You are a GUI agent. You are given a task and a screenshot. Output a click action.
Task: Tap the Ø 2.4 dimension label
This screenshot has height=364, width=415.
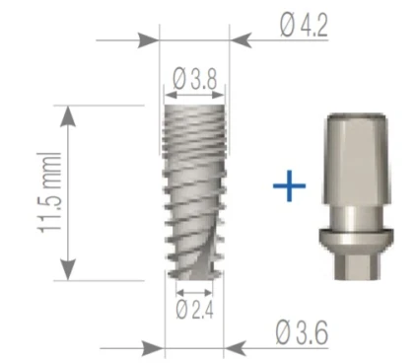[x=194, y=310]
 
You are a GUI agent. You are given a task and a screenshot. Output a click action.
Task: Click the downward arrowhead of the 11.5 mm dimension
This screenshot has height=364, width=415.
[x=67, y=271]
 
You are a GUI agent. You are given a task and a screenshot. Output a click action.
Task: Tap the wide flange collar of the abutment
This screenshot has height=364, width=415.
[x=357, y=236]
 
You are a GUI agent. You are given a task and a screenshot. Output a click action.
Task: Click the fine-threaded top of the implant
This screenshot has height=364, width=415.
[x=195, y=123]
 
